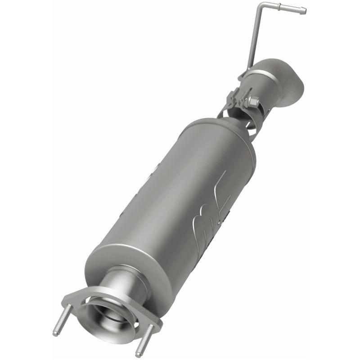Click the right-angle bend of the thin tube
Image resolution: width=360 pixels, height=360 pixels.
pos(261,7)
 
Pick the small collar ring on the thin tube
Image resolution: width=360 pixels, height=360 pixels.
pos(279,6)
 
